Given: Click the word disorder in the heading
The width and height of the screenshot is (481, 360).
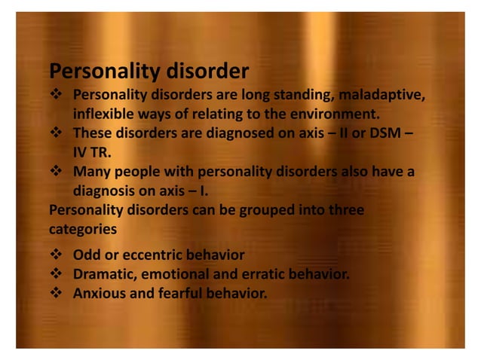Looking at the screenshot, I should click(203, 72).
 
